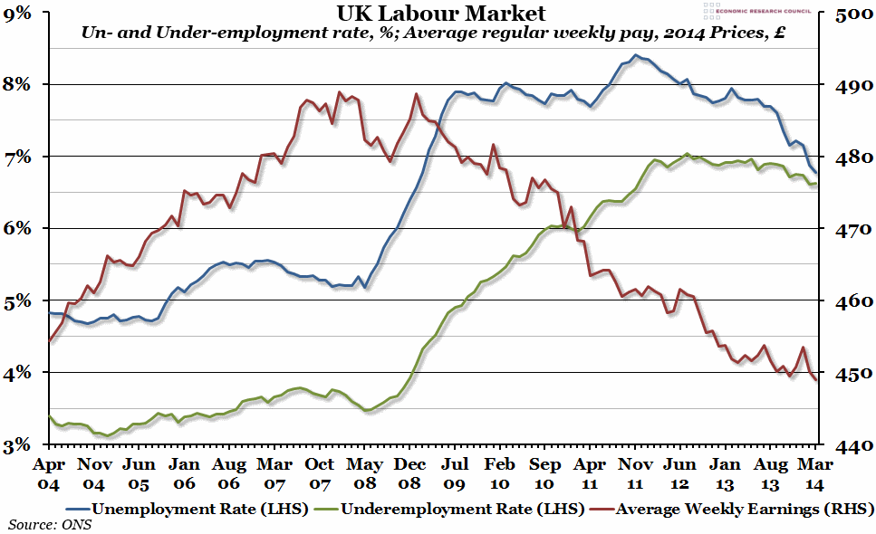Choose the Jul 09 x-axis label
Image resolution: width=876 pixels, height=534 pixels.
456,473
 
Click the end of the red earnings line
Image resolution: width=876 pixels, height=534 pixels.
817,381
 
